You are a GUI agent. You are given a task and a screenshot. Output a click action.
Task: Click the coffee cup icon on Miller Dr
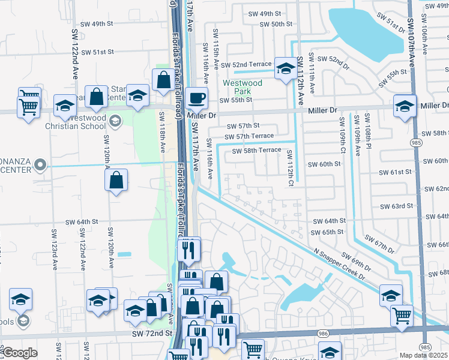(x=196, y=97)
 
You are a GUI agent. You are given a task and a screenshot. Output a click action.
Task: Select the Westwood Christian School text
(x=76, y=122)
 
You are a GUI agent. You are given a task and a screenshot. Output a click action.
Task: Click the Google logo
(x=19, y=353)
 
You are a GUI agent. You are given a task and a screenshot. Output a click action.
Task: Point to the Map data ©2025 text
(x=424, y=355)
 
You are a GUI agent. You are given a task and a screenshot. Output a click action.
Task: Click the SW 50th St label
(x=276, y=24)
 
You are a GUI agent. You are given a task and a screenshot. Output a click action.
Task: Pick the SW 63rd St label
(x=396, y=206)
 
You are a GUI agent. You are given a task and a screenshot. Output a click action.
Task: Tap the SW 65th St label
(x=328, y=232)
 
